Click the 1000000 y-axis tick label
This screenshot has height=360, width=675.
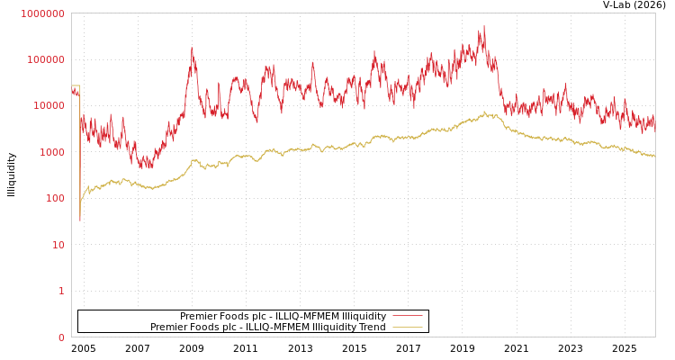click(x=42, y=13)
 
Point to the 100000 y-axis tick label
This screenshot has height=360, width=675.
click(x=45, y=59)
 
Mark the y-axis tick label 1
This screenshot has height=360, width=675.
click(x=61, y=291)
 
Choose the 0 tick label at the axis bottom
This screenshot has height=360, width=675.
click(x=61, y=337)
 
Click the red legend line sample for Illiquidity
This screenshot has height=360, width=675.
click(x=408, y=316)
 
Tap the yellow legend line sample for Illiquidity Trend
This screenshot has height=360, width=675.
click(x=408, y=327)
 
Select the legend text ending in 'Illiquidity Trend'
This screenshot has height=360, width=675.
click(x=268, y=327)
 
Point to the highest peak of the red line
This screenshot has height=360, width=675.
click(x=483, y=27)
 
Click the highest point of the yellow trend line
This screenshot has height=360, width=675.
click(x=484, y=112)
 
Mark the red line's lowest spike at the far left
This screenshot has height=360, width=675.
click(x=79, y=219)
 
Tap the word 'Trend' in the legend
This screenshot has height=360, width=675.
click(x=372, y=327)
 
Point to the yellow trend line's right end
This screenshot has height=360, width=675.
click(x=654, y=157)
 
